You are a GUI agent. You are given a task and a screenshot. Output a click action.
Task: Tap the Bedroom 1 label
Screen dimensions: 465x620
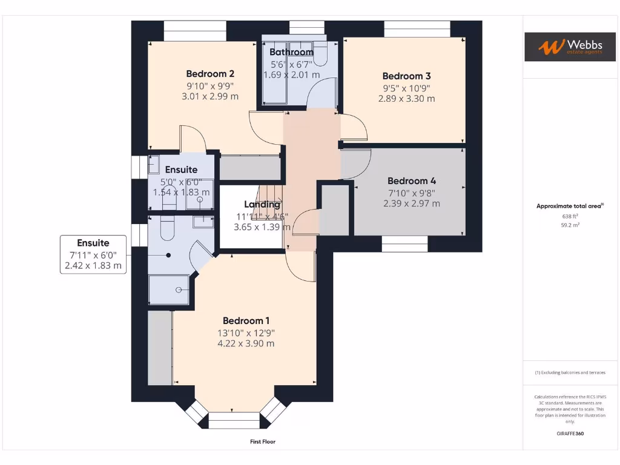(246, 321)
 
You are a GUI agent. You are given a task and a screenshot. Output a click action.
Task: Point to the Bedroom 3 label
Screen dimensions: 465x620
(406, 76)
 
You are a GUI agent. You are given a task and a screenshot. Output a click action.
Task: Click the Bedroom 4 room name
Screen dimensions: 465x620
(412, 181)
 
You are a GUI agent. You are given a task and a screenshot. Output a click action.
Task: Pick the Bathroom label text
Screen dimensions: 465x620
(291, 52)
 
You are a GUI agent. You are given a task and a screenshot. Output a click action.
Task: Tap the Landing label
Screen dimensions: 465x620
(262, 205)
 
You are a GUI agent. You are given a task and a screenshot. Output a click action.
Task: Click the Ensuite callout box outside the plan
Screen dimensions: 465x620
(93, 254)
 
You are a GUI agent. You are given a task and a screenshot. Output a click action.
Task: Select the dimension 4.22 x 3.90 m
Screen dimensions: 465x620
(246, 343)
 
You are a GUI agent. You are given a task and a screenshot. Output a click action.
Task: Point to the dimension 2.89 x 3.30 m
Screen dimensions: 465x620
(406, 99)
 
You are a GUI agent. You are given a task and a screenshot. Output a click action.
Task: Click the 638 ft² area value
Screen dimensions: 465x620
(569, 216)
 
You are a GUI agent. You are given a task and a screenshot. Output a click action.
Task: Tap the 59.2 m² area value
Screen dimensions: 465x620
(569, 225)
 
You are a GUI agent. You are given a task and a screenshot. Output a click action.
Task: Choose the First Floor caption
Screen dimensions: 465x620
(263, 442)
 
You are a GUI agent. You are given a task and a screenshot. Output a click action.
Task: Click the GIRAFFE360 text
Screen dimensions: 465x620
(569, 434)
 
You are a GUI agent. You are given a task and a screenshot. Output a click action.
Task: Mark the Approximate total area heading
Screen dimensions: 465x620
(569, 206)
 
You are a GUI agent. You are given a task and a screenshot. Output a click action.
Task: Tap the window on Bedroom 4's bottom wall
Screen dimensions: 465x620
(405, 244)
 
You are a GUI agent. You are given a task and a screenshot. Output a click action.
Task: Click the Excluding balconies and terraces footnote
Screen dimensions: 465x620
(569, 372)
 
